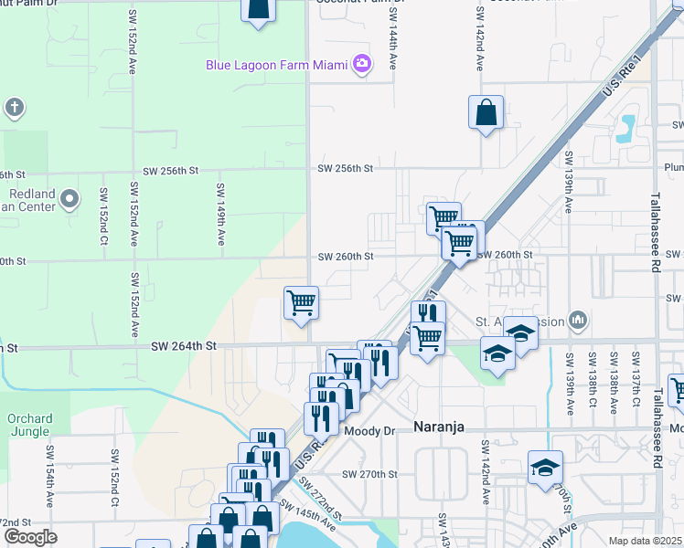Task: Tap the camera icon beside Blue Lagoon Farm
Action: pyautogui.click(x=362, y=64)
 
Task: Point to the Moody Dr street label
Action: pyautogui.click(x=369, y=429)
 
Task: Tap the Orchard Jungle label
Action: pyautogui.click(x=30, y=426)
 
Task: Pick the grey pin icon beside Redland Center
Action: pyautogui.click(x=99, y=198)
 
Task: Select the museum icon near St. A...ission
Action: pyautogui.click(x=576, y=320)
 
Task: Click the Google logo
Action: pyautogui.click(x=30, y=537)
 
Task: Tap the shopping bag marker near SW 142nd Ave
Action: pyautogui.click(x=486, y=113)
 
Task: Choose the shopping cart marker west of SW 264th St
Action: pyautogui.click(x=301, y=303)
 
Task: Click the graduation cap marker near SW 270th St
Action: pyautogui.click(x=545, y=469)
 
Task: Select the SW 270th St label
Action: pyautogui.click(x=370, y=475)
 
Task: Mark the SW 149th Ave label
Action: pyautogui.click(x=220, y=214)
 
